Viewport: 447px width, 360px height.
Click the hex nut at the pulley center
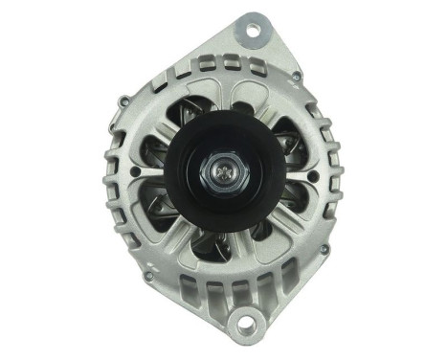(222, 176)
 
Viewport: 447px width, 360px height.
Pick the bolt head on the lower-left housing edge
(147, 278)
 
